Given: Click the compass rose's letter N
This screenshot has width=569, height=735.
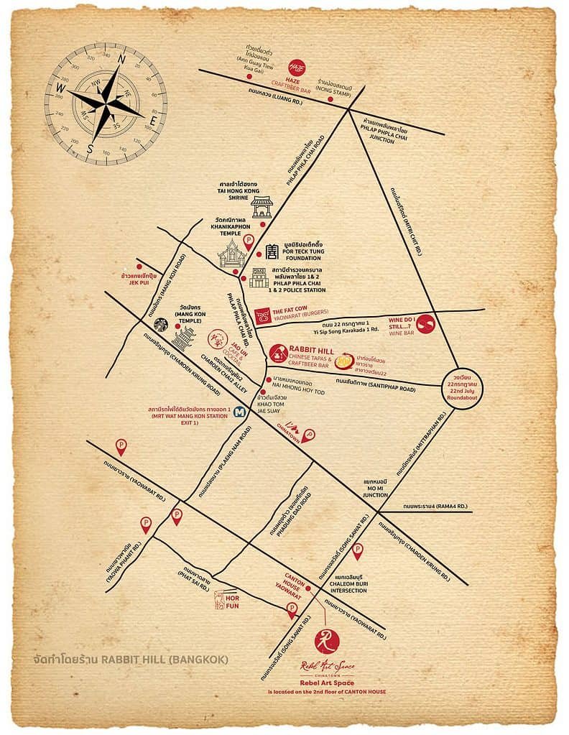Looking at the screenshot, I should click(x=121, y=60).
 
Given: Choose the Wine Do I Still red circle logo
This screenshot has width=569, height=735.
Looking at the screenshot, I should click(x=427, y=325).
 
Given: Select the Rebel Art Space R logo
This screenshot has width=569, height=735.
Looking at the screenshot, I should click(x=328, y=637).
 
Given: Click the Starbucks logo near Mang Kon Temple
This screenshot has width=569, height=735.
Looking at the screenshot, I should click(x=162, y=325).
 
